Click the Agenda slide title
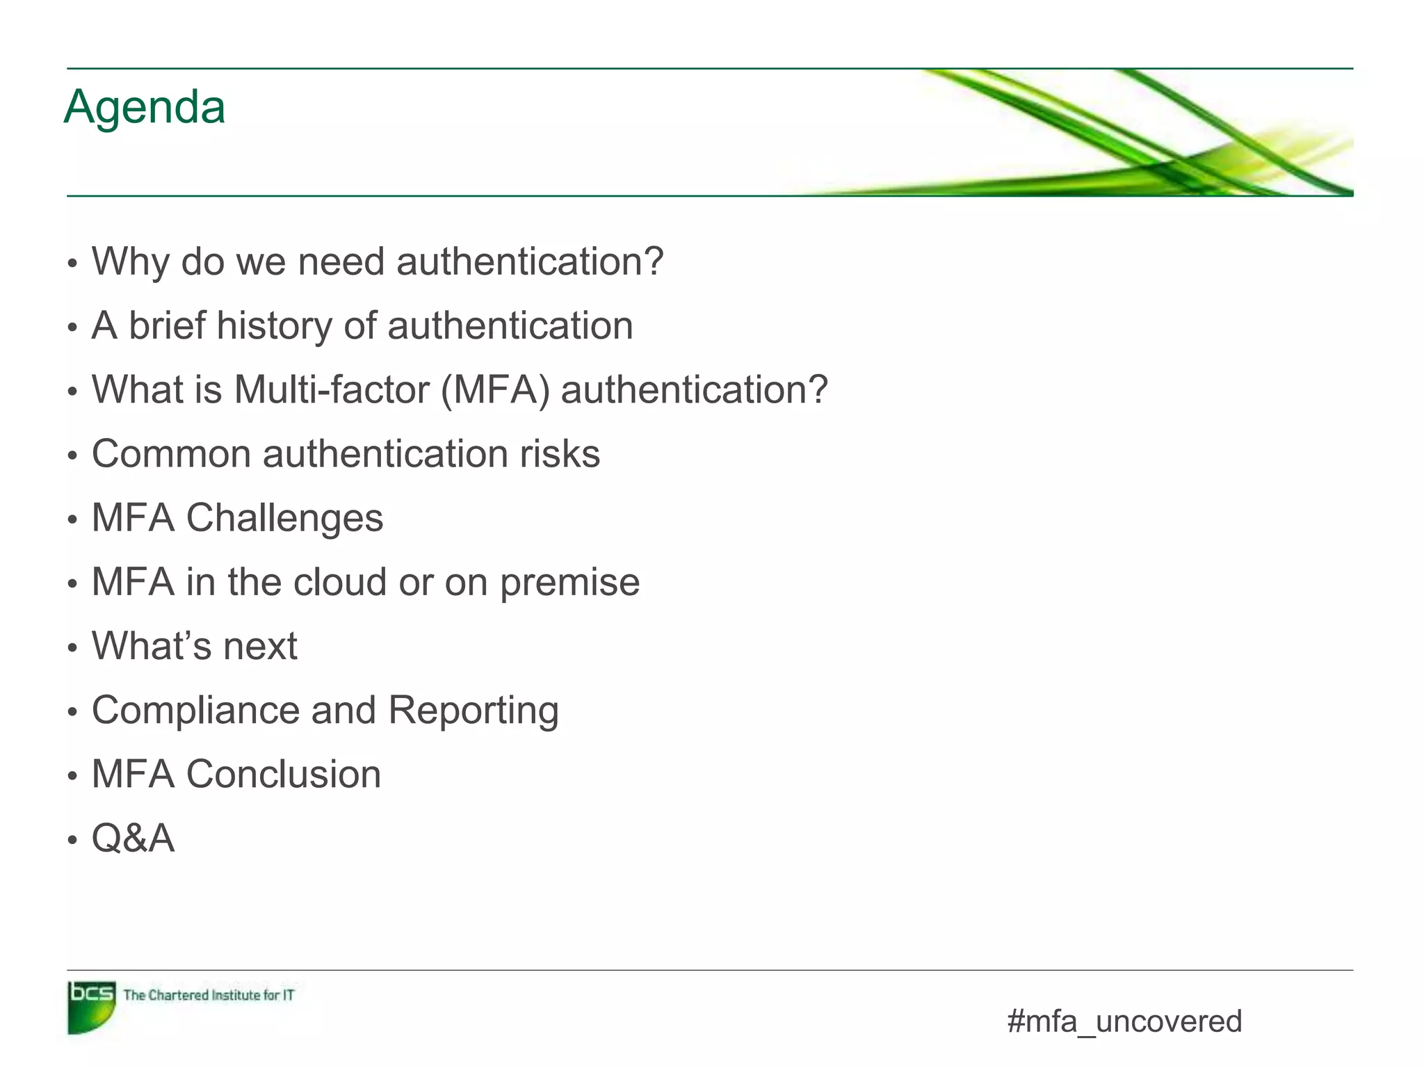click(145, 108)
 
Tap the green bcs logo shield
click(91, 1006)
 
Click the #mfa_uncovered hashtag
click(1124, 1021)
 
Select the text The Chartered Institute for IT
click(209, 995)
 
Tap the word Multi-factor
click(332, 389)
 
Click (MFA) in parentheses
click(495, 389)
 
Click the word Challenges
click(284, 518)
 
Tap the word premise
click(569, 583)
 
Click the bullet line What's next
click(195, 646)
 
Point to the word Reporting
click(473, 711)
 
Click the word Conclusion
click(284, 775)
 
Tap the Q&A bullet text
click(133, 839)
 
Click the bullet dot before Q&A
click(72, 841)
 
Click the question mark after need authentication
click(652, 262)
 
